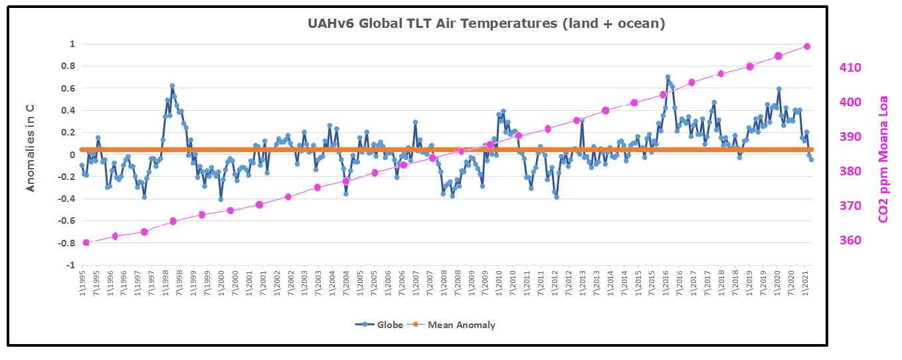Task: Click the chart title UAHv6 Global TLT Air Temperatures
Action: tap(486, 24)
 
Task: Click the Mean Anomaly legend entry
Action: tap(461, 325)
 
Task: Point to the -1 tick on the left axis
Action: tap(70, 266)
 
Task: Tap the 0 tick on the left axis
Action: tap(72, 155)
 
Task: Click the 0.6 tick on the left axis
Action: tap(69, 88)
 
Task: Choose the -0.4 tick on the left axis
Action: tap(67, 199)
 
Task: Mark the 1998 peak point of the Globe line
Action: tap(172, 86)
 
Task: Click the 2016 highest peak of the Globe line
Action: tap(668, 77)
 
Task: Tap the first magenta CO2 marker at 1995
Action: tap(86, 242)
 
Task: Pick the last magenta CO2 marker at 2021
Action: tap(807, 46)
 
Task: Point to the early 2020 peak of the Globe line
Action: tap(778, 89)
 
